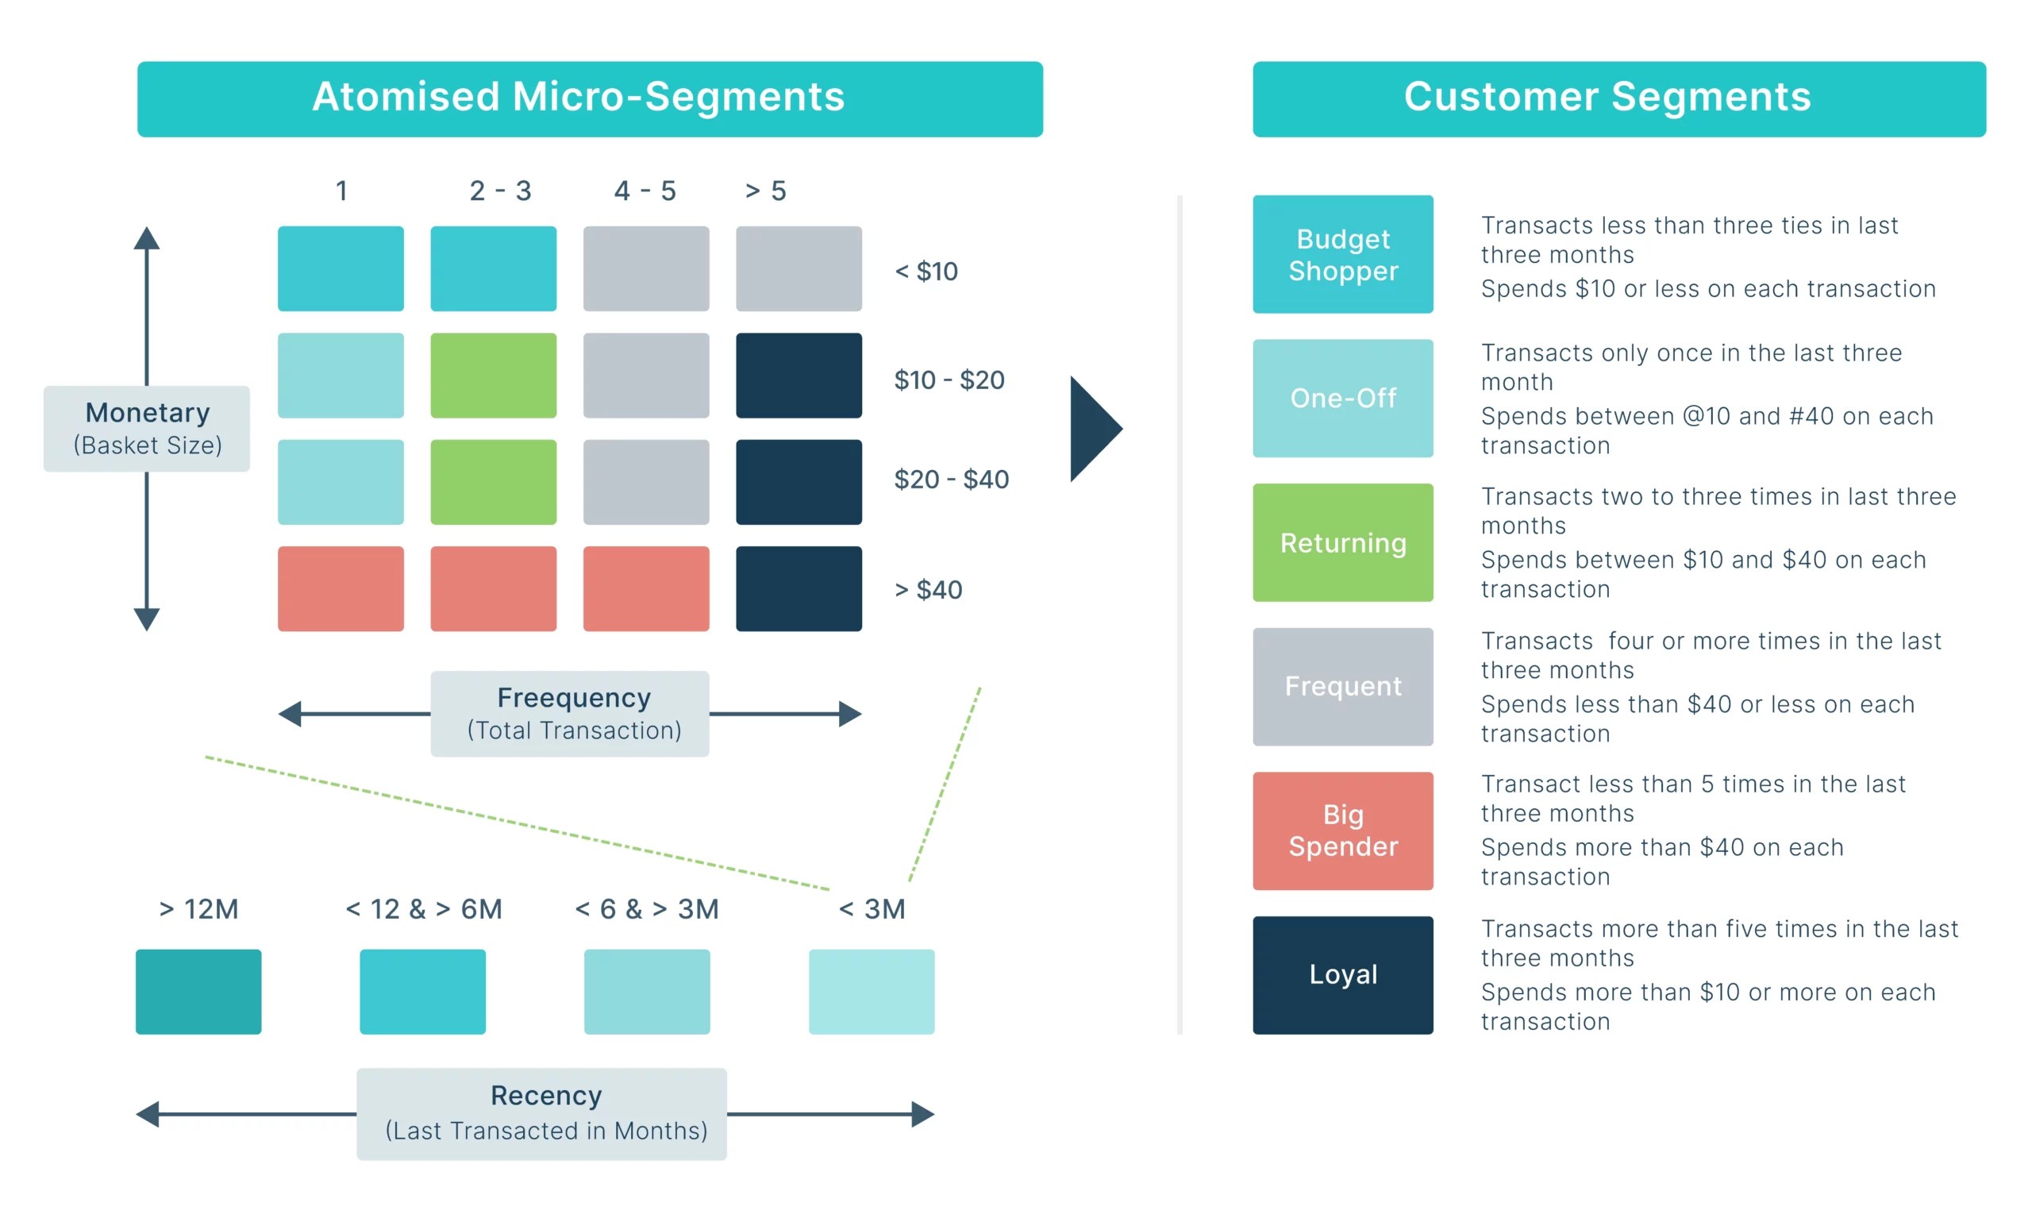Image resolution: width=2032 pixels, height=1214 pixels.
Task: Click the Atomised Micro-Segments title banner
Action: tap(590, 99)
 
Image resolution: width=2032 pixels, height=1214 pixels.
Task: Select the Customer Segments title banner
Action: tap(1618, 99)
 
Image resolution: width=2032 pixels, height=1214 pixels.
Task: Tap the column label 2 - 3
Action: tap(500, 191)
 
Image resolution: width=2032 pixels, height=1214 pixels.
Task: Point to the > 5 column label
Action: tap(765, 191)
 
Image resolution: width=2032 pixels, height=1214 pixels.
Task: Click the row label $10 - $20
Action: tap(949, 380)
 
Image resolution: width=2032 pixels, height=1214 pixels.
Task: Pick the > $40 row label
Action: tap(928, 589)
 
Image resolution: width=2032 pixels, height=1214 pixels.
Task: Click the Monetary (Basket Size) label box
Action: tap(147, 428)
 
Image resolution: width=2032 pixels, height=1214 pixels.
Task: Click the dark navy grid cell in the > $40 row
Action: tap(798, 588)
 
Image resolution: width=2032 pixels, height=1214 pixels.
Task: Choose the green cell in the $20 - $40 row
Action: tap(493, 482)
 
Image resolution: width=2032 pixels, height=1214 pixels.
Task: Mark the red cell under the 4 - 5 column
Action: tap(646, 588)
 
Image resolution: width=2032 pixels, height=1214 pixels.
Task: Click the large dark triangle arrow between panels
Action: tap(1094, 429)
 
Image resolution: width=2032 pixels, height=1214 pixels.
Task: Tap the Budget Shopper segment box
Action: tap(1343, 253)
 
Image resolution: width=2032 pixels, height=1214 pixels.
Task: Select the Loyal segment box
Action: tap(1343, 974)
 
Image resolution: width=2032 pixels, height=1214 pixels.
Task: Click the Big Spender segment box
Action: tap(1343, 831)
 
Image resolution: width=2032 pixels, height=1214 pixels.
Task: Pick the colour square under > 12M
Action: tap(198, 992)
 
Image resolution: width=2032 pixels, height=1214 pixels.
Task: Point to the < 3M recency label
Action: tap(872, 909)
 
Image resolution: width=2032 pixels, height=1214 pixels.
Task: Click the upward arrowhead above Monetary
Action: tap(147, 238)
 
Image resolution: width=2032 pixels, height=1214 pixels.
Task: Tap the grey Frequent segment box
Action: tap(1343, 686)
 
